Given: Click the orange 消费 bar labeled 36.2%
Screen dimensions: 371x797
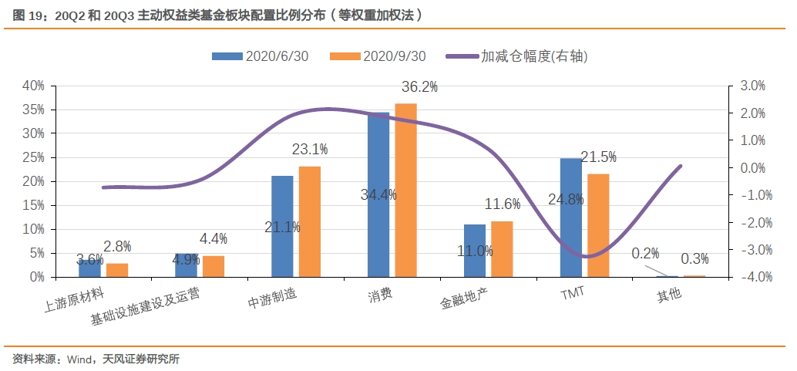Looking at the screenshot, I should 405,190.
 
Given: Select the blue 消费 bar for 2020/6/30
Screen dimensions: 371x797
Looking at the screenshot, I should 378,194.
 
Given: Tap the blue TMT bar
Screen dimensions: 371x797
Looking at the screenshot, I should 571,218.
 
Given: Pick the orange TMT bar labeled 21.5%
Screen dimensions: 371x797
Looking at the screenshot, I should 598,225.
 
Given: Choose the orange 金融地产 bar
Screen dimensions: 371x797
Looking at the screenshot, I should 502,248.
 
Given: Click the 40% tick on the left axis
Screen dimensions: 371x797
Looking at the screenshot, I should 34,86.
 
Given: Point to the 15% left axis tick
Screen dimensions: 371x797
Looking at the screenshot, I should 34,205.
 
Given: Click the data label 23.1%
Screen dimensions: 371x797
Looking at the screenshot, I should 309,149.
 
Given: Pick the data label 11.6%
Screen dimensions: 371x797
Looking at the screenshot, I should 503,204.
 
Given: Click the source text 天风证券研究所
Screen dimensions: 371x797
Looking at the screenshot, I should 142,359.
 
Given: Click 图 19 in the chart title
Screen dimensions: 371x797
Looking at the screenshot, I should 27,14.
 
